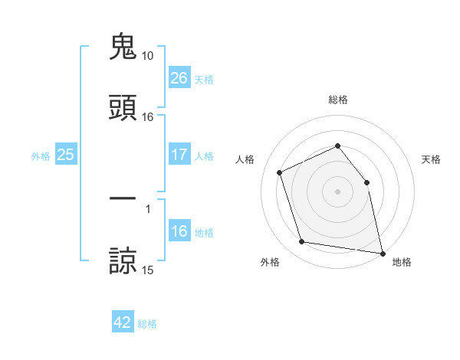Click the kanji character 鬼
(x=123, y=47)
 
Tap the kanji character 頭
(x=123, y=108)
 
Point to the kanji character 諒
(x=123, y=260)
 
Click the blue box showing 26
(x=179, y=78)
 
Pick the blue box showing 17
(x=179, y=155)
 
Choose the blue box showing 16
(x=179, y=231)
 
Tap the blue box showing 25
(x=66, y=155)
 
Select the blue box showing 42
(x=123, y=322)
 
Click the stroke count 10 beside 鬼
(x=147, y=56)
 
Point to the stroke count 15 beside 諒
(x=147, y=270)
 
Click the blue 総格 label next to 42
(x=147, y=324)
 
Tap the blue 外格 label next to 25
(x=41, y=155)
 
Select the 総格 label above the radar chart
(x=338, y=100)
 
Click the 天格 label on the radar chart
(x=431, y=159)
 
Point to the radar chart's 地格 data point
(x=382, y=252)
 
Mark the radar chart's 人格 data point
(x=281, y=172)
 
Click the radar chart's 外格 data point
(x=302, y=242)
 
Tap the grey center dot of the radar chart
(x=338, y=191)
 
